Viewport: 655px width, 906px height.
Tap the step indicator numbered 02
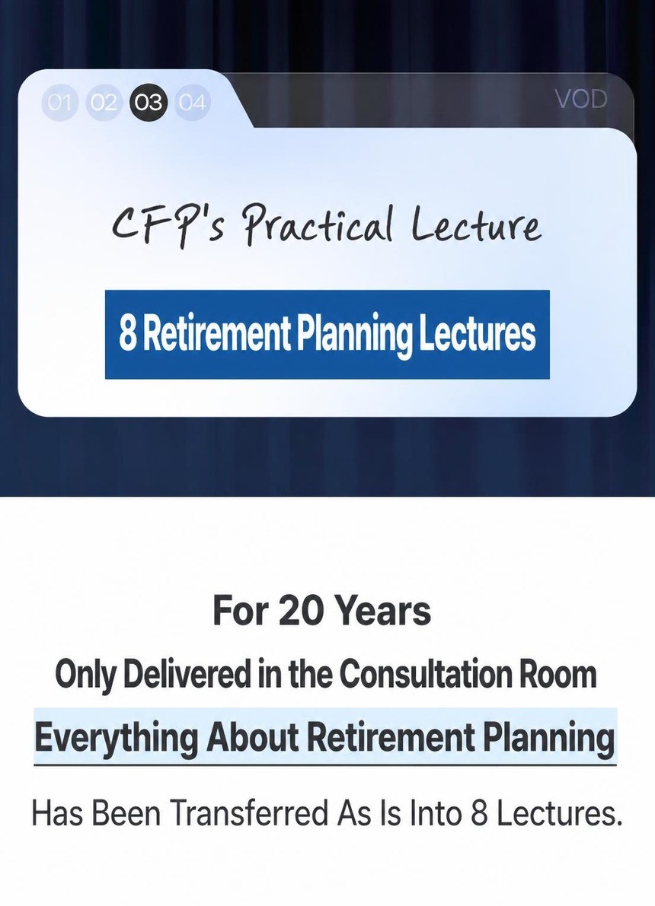[x=104, y=102]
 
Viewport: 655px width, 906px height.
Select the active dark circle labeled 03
[x=149, y=102]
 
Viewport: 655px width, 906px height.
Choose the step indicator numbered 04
[x=192, y=102]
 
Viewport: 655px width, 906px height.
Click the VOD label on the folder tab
[x=582, y=100]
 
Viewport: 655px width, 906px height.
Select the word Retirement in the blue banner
[x=216, y=334]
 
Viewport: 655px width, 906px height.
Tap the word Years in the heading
[x=382, y=611]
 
